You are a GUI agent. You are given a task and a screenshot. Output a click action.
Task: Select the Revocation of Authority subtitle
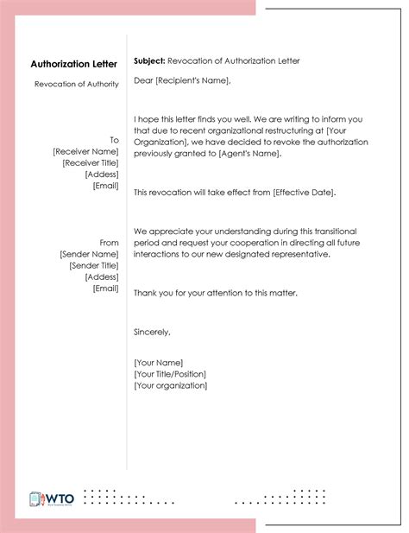(x=77, y=84)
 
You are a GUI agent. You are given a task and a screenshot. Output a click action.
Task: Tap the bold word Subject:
(x=149, y=61)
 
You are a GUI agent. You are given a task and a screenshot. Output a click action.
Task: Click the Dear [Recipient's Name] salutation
(x=182, y=81)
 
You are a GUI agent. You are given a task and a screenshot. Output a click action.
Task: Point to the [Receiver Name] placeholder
(x=85, y=151)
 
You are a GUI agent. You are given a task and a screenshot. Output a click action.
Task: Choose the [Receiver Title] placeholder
(x=91, y=162)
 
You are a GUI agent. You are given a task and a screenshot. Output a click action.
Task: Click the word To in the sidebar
(x=114, y=140)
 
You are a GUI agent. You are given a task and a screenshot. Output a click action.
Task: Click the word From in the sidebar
(x=110, y=243)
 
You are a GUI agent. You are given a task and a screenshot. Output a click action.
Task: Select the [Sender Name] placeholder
(x=89, y=255)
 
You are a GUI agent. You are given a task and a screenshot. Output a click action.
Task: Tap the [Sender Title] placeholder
(x=93, y=266)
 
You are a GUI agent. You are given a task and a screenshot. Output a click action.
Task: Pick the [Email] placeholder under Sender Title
(x=105, y=289)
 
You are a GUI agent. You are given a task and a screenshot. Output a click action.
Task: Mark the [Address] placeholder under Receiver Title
(x=102, y=174)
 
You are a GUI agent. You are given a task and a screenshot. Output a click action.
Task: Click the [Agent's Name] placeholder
(x=254, y=153)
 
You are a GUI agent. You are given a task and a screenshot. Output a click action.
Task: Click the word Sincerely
(x=153, y=332)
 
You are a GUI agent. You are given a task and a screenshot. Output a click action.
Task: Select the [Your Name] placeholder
(x=159, y=363)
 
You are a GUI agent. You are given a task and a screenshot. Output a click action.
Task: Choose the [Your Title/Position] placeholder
(x=170, y=374)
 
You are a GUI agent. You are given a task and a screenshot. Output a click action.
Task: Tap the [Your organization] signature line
(x=171, y=385)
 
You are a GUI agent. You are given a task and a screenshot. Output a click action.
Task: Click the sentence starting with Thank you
(x=216, y=294)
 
